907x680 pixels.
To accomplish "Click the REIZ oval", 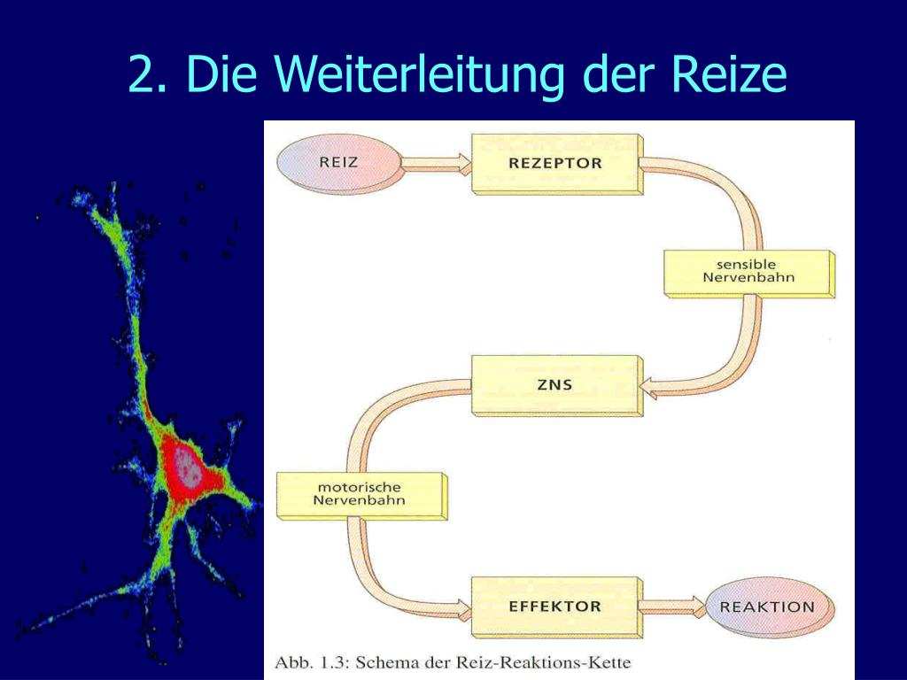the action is [x=339, y=164].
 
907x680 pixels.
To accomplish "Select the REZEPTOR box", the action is [x=556, y=164].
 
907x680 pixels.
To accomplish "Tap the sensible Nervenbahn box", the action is [x=748, y=274].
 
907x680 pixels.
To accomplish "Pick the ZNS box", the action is [x=556, y=386].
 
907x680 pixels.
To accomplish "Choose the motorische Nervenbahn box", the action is [x=361, y=496].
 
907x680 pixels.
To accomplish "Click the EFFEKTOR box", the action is [x=556, y=607].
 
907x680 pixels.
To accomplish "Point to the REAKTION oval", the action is [x=770, y=608].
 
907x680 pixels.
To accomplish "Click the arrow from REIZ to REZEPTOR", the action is [x=437, y=164].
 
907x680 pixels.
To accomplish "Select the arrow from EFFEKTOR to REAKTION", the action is [x=672, y=607].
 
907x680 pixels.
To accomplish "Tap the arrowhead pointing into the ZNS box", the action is [x=649, y=388].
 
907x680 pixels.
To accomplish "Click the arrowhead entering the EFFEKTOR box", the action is [x=464, y=609].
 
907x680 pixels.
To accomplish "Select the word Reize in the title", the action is [x=729, y=73].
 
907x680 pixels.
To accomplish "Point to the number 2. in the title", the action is [x=148, y=74].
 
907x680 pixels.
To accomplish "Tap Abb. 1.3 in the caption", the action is [x=309, y=662].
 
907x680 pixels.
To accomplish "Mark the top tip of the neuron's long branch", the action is [x=114, y=184].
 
